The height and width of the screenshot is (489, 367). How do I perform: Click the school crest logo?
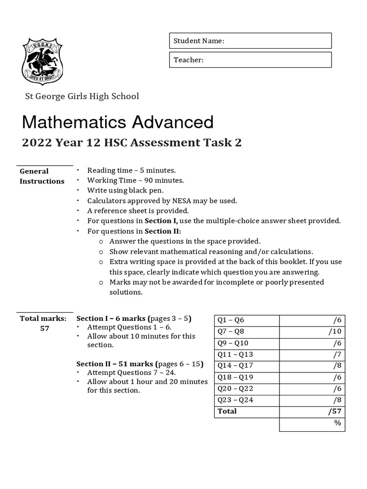(43, 62)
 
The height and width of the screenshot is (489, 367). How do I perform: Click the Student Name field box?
(250, 41)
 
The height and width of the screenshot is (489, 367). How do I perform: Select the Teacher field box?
(250, 60)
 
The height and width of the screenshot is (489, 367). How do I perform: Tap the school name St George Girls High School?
(82, 96)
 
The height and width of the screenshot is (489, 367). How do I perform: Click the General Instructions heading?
(42, 176)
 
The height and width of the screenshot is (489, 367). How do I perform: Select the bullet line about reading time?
(131, 170)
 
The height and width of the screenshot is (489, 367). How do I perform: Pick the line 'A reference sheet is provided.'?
(138, 211)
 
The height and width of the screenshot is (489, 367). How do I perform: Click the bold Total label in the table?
(227, 411)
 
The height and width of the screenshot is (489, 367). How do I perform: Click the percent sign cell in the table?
(338, 423)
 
